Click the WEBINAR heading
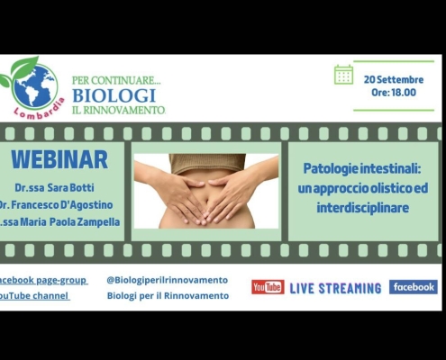click(x=59, y=160)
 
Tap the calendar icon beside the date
click(x=343, y=75)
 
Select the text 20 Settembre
click(x=394, y=80)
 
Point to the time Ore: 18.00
click(x=394, y=93)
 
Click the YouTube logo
click(x=268, y=287)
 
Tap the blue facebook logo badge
click(x=414, y=287)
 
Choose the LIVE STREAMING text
click(x=335, y=288)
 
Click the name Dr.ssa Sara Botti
click(x=54, y=188)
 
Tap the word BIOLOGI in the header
click(x=114, y=95)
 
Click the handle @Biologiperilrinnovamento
click(x=168, y=280)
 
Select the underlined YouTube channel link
click(x=34, y=296)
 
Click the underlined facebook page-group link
click(x=43, y=280)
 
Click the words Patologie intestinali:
click(x=362, y=169)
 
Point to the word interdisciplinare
click(x=363, y=208)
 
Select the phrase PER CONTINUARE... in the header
click(x=116, y=80)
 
